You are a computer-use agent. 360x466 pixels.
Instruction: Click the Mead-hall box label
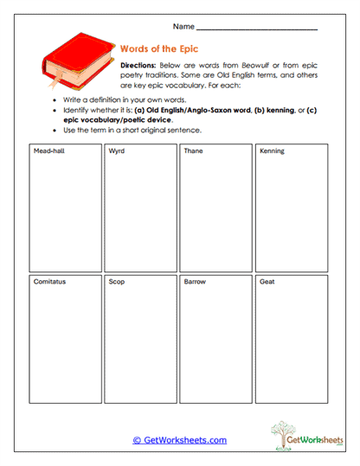tap(48, 151)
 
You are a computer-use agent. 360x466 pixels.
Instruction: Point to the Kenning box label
tap(272, 151)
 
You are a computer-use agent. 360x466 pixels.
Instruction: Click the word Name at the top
tap(184, 27)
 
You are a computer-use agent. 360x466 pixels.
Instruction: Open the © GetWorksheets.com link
tap(180, 440)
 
